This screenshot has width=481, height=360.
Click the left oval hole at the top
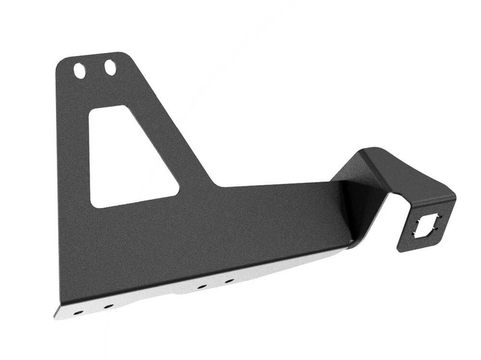point(79,70)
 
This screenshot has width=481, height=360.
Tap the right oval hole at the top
point(109,68)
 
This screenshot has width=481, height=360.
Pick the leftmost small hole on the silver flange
point(76,312)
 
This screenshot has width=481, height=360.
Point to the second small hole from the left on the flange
point(108,306)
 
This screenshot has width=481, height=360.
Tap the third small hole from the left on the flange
point(201,287)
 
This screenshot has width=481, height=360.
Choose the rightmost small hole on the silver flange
point(229,281)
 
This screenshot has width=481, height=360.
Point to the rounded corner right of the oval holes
point(127,56)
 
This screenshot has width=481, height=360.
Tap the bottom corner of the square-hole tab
point(402,249)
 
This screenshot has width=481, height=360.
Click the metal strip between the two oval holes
point(94,69)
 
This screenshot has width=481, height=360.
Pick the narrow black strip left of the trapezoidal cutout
point(73,162)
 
